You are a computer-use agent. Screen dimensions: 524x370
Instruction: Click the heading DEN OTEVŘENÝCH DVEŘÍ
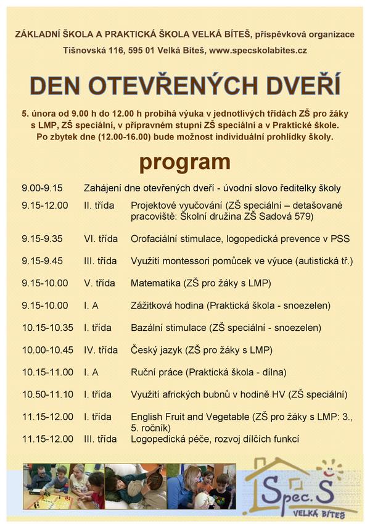185,86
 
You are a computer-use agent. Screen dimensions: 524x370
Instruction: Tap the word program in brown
185,162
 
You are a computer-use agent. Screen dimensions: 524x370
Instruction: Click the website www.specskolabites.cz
258,50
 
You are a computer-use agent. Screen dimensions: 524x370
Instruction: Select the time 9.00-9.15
43,188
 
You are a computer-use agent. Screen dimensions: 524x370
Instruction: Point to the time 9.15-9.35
43,238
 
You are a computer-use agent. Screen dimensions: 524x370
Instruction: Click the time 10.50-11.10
47,394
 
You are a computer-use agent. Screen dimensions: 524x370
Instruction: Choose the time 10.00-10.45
47,350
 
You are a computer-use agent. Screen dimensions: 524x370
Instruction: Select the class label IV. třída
101,350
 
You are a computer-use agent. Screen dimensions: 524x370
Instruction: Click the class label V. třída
99,283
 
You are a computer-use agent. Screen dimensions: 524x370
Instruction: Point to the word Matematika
155,283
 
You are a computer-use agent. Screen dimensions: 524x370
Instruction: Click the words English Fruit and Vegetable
189,417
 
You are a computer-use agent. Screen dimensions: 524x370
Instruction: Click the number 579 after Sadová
305,216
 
